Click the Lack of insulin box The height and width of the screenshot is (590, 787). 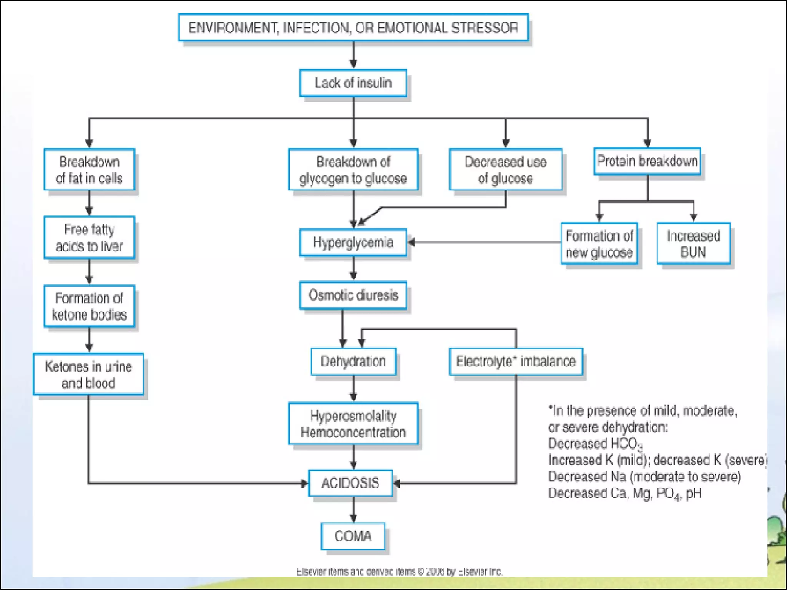pos(353,83)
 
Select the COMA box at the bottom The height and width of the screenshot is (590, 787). pos(353,536)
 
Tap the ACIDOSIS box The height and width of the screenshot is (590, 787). pos(350,483)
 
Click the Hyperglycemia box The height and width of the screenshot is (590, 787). pos(353,242)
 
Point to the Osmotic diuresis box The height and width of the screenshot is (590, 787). pos(353,295)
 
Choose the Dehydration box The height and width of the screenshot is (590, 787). pos(353,361)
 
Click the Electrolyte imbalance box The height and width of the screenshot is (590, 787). pos(516,361)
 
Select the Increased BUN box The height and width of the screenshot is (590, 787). pos(693,244)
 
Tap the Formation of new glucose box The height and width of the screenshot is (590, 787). pos(599,244)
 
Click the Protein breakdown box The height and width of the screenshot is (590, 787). pos(647,161)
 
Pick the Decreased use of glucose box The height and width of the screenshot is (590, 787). pos(505,169)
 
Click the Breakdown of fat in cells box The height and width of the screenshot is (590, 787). pos(89,169)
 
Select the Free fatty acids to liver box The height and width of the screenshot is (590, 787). pos(89,237)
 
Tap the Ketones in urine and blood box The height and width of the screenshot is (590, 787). pos(88,374)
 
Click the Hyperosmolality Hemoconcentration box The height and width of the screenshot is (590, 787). pos(353,423)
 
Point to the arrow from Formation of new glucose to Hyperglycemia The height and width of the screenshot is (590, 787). pos(484,242)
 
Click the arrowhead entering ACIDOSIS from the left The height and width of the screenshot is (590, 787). pos(304,483)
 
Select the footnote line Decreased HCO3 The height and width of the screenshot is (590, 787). pos(595,444)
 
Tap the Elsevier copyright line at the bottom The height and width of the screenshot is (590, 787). pos(399,572)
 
